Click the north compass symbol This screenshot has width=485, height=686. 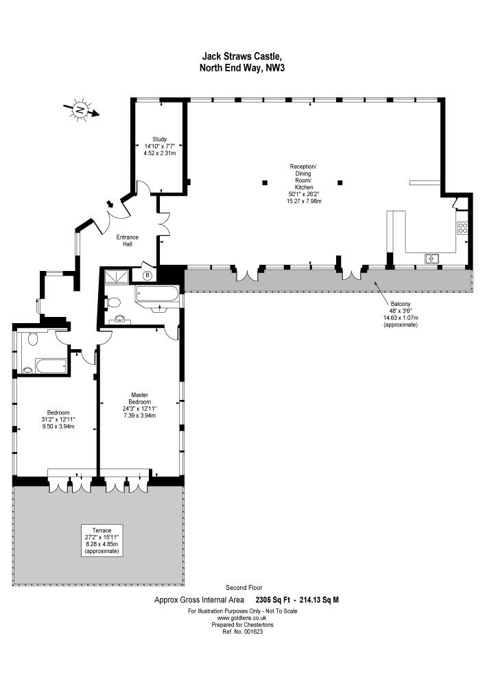coord(81,109)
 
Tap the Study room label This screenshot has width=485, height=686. coord(160,139)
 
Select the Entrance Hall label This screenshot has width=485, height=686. coord(128,241)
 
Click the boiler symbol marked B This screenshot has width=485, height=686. coord(148,275)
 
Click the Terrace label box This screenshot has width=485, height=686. coord(102,540)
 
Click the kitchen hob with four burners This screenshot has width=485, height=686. coord(462,227)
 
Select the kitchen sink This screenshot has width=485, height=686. coord(431,259)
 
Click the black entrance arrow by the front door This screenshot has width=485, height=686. coord(110,204)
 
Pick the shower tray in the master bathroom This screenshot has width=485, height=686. coord(117,276)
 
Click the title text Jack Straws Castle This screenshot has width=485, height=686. coord(239,56)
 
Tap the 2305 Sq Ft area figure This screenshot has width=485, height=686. coord(270,600)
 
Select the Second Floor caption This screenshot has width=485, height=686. coord(244,588)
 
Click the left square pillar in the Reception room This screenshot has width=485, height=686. coord(264,182)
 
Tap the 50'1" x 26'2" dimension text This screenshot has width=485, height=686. coord(303,194)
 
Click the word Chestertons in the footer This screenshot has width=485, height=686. coord(257,625)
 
